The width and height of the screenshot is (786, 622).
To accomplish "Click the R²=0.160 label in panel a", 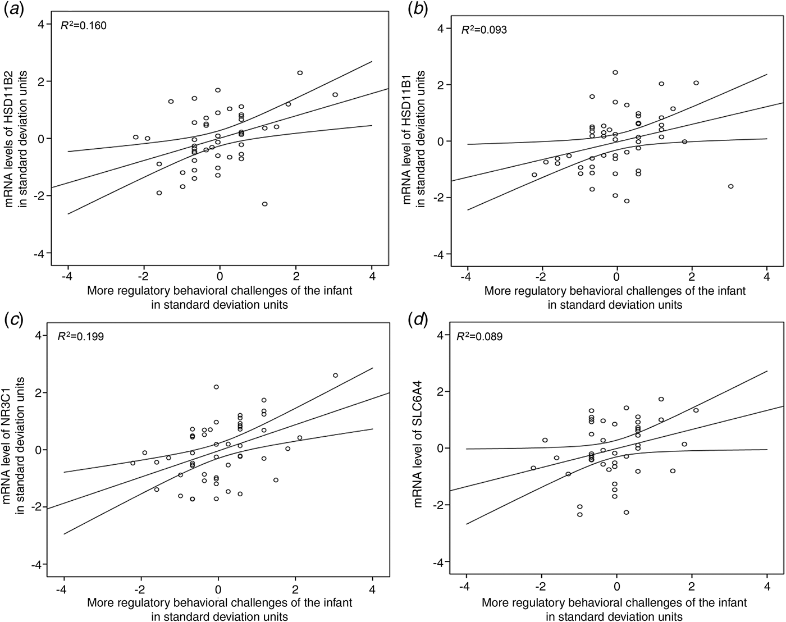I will tap(84, 25).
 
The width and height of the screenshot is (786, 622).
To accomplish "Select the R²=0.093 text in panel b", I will tap(484, 30).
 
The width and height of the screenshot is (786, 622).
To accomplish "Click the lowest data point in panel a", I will tap(264, 204).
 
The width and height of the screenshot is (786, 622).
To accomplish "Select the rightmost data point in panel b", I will tap(730, 186).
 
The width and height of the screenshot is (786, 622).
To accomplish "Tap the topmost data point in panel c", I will tap(335, 375).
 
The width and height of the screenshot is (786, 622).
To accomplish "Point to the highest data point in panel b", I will tap(615, 72).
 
